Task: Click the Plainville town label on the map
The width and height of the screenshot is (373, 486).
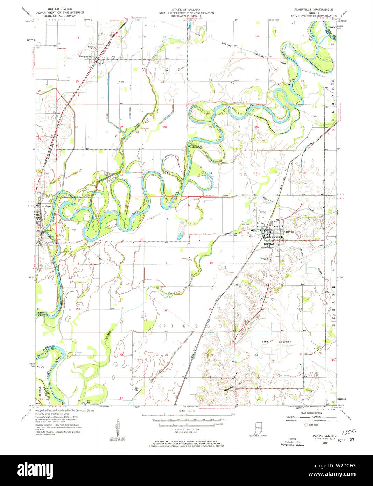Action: click(x=289, y=231)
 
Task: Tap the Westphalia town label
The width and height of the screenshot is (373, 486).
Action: click(x=85, y=56)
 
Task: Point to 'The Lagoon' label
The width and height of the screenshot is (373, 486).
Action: click(x=276, y=341)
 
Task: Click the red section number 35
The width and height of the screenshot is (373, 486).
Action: click(x=255, y=173)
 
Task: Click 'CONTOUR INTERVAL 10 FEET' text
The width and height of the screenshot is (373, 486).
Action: click(x=186, y=429)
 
